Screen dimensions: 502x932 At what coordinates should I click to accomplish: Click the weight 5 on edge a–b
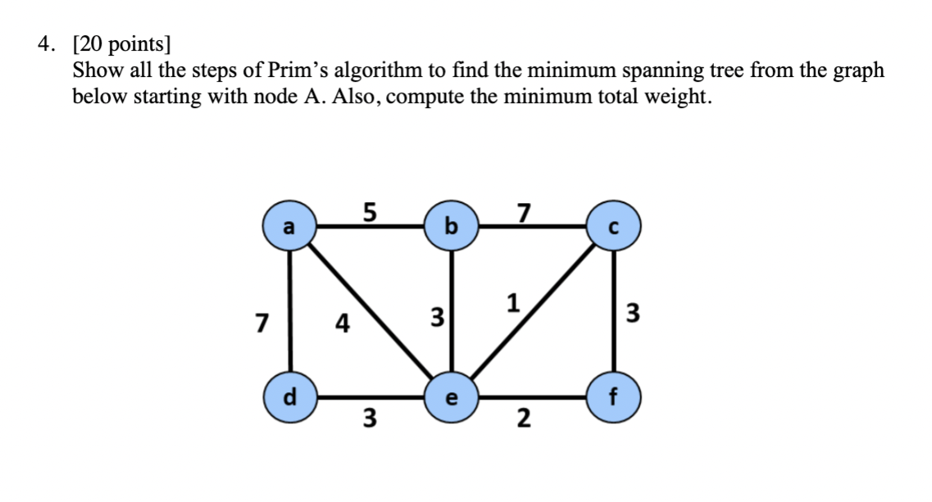coord(370,212)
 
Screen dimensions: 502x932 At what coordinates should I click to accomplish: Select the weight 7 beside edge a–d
coord(261,323)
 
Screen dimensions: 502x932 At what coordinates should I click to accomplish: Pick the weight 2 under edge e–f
coord(522,420)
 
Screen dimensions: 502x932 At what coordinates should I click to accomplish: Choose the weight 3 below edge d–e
coord(370,420)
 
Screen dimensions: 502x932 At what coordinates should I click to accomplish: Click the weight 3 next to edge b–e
coord(437,316)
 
